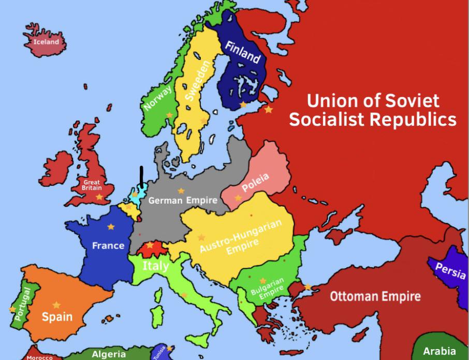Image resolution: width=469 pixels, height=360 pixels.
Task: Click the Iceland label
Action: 46,41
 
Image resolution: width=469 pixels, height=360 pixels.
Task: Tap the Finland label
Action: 242,52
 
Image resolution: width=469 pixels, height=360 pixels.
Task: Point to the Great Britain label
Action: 92,185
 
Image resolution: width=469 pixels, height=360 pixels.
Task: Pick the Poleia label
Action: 255,184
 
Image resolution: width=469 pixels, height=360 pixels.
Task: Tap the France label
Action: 108,246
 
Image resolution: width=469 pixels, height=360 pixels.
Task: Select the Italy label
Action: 155,266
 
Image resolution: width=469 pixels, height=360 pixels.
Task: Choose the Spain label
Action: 57,316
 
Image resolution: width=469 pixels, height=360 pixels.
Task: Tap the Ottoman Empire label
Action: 375,297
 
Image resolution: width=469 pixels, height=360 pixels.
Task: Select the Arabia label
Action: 439,351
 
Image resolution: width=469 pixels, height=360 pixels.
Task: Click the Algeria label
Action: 109,354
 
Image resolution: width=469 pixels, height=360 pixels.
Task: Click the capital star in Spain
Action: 56,305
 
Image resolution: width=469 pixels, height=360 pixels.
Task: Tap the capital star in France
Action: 111,227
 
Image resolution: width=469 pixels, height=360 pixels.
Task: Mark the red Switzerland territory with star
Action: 151,248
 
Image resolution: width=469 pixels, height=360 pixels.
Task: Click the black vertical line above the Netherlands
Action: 141,175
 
